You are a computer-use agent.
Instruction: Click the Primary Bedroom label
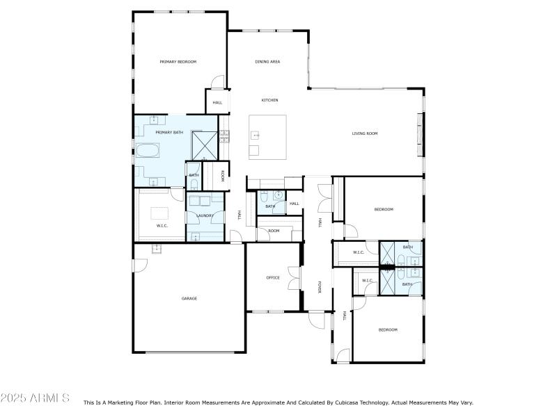coord(178,62)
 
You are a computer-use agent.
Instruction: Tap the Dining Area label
coord(267,62)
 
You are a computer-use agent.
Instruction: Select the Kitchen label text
coord(269,100)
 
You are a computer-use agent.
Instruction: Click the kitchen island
coord(268,137)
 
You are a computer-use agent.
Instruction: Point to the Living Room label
coord(364,133)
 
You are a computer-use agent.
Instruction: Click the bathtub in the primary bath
coord(147,150)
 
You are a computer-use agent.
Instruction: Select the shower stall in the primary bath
coord(205,145)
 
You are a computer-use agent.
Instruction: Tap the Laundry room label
coord(205,215)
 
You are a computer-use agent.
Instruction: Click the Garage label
coord(189,298)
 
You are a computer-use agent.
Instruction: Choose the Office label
coord(273,277)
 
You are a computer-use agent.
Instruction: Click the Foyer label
coord(320,287)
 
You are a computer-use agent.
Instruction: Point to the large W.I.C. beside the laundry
coord(162,225)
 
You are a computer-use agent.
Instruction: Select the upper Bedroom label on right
coord(384,209)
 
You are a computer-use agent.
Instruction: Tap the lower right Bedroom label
coord(388,329)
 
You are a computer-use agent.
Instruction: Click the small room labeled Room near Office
coord(274,231)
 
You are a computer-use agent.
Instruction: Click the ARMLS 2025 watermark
coord(35,398)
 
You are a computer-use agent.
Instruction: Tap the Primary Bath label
coord(169,132)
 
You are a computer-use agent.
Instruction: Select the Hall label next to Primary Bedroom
coord(217,102)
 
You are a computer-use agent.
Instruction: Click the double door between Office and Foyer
coord(301,278)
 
